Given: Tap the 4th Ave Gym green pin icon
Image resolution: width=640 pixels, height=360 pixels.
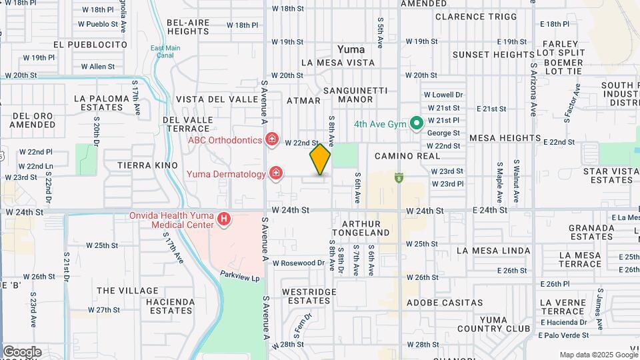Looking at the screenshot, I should (x=417, y=123).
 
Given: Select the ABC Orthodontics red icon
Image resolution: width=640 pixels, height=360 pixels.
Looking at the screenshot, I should (x=271, y=139).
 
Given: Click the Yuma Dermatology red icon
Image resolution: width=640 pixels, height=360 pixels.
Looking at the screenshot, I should (x=275, y=174).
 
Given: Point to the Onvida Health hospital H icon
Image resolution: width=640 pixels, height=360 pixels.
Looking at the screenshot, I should (x=225, y=219).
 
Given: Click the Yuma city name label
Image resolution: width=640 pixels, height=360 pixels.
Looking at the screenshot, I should (x=351, y=49).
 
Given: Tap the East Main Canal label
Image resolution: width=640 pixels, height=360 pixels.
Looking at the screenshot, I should (x=165, y=51).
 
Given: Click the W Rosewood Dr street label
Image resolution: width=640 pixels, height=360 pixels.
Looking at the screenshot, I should (x=298, y=263).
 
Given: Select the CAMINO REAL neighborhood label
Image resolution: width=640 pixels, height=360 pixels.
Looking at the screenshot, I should (x=407, y=155).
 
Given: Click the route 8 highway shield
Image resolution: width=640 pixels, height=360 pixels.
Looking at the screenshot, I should (x=399, y=177).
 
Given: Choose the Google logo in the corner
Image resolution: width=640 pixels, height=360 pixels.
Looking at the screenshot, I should (x=22, y=351).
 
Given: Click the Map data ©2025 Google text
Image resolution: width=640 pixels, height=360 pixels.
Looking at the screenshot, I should (x=598, y=355).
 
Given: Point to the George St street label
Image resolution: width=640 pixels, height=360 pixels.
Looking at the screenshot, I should (x=443, y=133).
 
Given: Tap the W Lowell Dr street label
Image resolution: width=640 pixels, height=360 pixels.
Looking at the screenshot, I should (x=443, y=95).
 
